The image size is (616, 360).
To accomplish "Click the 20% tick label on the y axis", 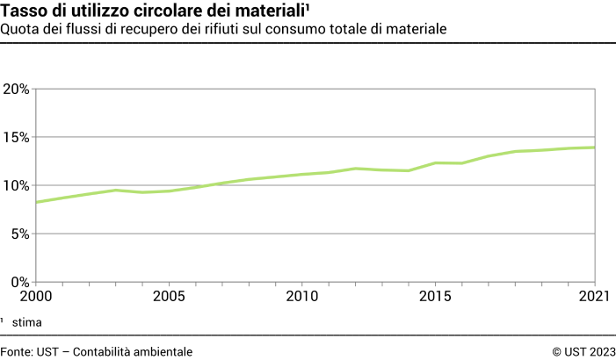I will (x=16, y=89).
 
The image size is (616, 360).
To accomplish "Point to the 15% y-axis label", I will (x=16, y=137).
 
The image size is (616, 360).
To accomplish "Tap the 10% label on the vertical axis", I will (x=16, y=185).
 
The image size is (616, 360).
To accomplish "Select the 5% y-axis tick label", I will (x=19, y=234).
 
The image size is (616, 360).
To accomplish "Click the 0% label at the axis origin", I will (x=19, y=282).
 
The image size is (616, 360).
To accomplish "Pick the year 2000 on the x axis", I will (x=35, y=297).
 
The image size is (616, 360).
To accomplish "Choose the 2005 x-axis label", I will (x=169, y=297).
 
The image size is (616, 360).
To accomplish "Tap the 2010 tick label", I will (x=302, y=297).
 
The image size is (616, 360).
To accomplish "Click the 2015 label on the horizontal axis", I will (x=435, y=297).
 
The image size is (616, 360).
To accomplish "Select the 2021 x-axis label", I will (x=595, y=297).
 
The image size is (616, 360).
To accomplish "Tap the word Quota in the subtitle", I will (x=19, y=30).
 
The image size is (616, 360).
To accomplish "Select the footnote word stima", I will (x=26, y=323).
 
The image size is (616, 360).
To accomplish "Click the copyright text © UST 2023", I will (x=583, y=351).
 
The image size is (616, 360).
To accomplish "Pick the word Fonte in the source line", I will (x=17, y=351).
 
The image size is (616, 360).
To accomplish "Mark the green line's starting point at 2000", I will (x=35, y=203).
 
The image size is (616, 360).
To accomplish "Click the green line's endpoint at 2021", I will (x=596, y=148).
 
